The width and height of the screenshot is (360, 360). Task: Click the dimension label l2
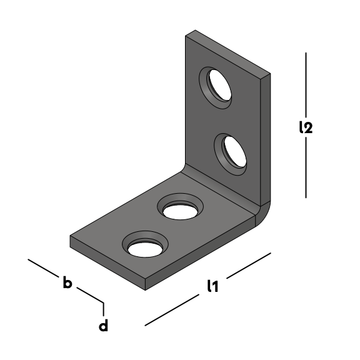306,127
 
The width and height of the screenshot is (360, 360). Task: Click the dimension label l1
212,286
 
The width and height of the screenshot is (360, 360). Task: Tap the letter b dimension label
67,282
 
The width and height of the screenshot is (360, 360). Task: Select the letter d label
103,325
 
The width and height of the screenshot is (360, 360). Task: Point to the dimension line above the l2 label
306,85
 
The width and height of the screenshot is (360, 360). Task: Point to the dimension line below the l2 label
306,167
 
